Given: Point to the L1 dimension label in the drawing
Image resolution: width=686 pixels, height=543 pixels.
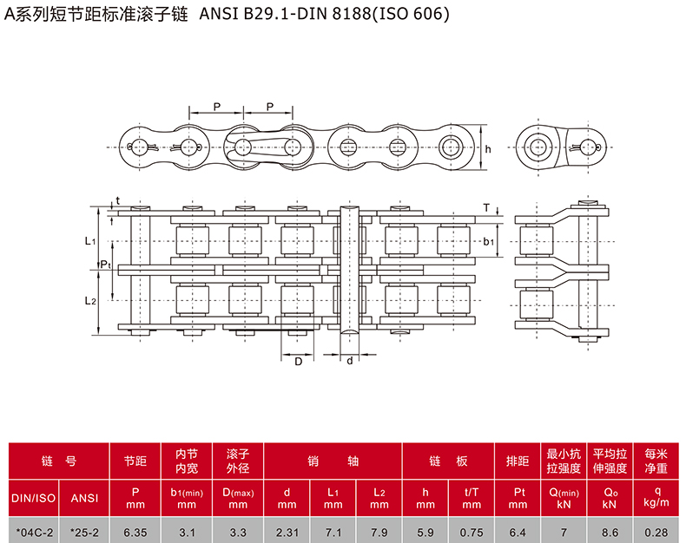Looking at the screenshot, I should pyautogui.click(x=90, y=240).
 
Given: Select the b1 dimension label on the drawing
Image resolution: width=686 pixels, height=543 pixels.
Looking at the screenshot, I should pyautogui.click(x=489, y=241).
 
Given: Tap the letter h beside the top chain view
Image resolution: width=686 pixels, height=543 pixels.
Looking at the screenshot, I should pyautogui.click(x=488, y=149).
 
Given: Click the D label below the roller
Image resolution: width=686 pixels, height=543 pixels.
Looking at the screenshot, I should pyautogui.click(x=298, y=361).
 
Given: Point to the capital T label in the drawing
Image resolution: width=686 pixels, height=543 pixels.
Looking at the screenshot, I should pyautogui.click(x=486, y=208).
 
